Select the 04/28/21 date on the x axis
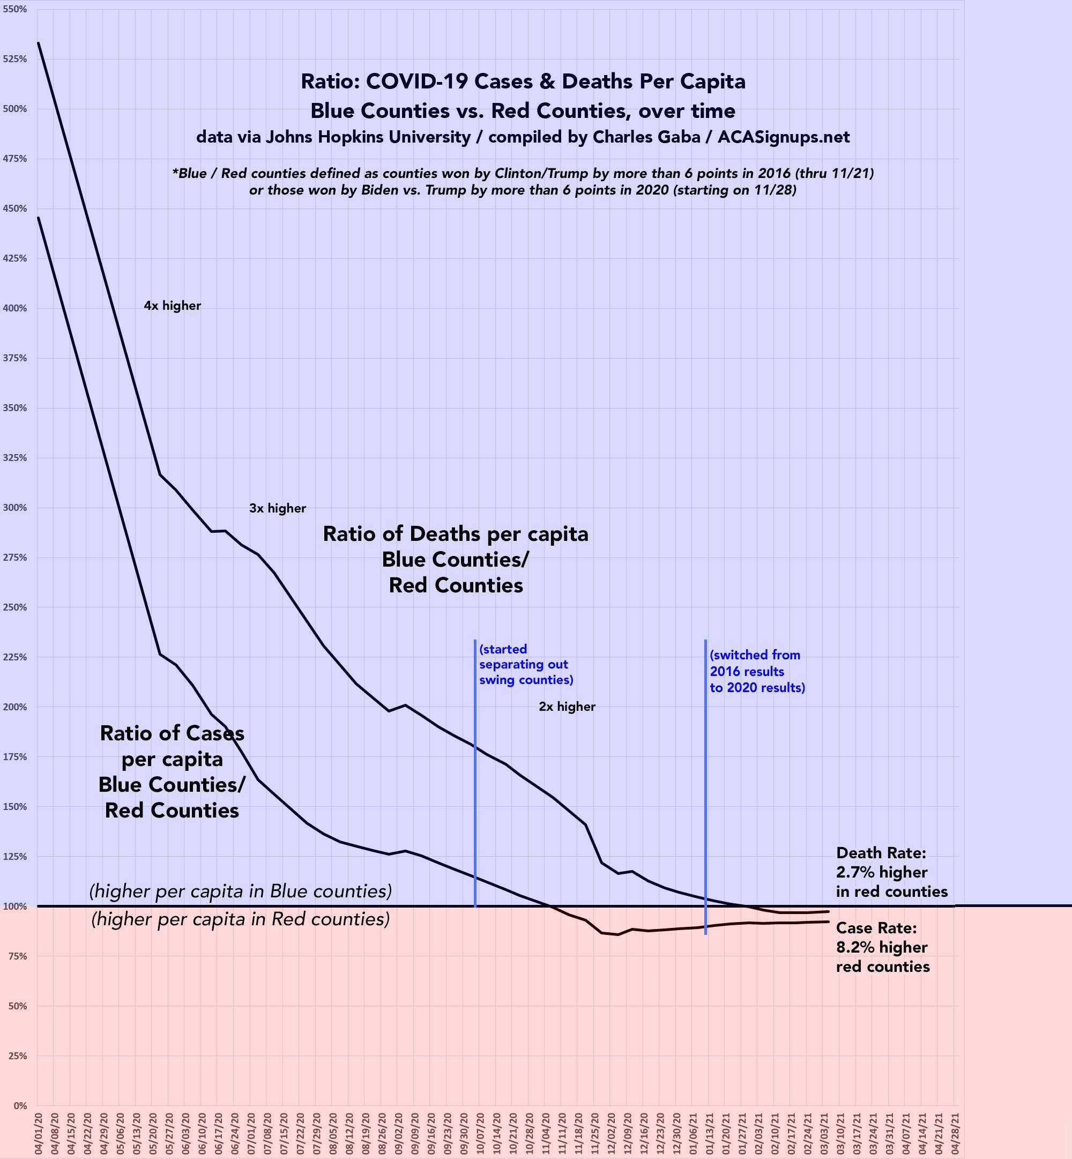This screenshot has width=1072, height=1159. [954, 1131]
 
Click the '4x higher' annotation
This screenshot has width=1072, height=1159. [172, 306]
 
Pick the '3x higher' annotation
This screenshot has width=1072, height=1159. [277, 508]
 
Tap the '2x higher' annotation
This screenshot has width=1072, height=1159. [567, 707]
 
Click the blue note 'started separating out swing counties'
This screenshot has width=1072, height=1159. [526, 664]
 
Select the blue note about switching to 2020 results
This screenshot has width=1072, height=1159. [757, 671]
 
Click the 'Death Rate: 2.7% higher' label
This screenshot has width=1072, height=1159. [891, 872]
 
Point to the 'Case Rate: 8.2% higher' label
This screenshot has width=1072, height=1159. [882, 947]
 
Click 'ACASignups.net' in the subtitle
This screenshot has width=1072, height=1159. [783, 137]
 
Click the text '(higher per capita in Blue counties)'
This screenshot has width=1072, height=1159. [240, 891]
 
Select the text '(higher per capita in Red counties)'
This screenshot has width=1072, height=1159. [240, 919]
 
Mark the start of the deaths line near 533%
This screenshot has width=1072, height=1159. [38, 43]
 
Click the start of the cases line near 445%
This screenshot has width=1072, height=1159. [38, 218]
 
